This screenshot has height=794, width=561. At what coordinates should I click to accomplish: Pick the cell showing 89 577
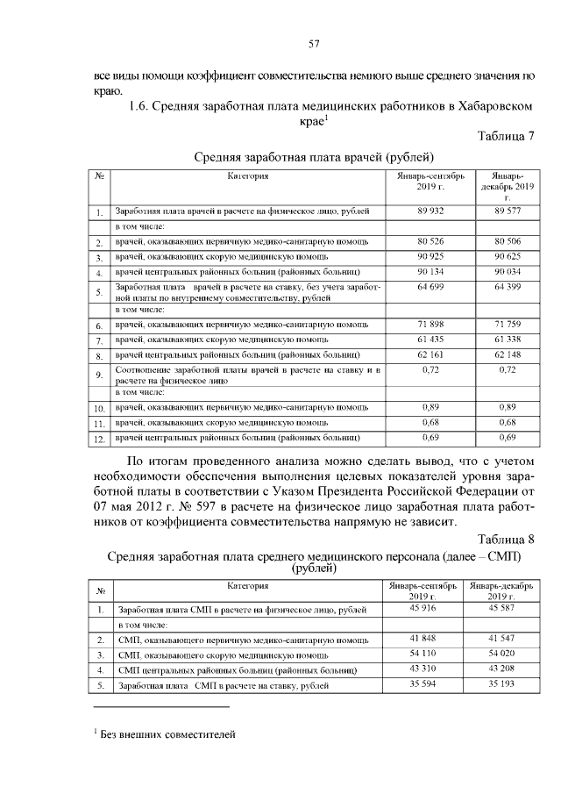(x=508, y=211)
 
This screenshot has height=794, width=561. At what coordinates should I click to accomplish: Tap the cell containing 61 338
(x=508, y=340)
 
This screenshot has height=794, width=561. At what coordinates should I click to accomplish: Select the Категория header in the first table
(x=247, y=176)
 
